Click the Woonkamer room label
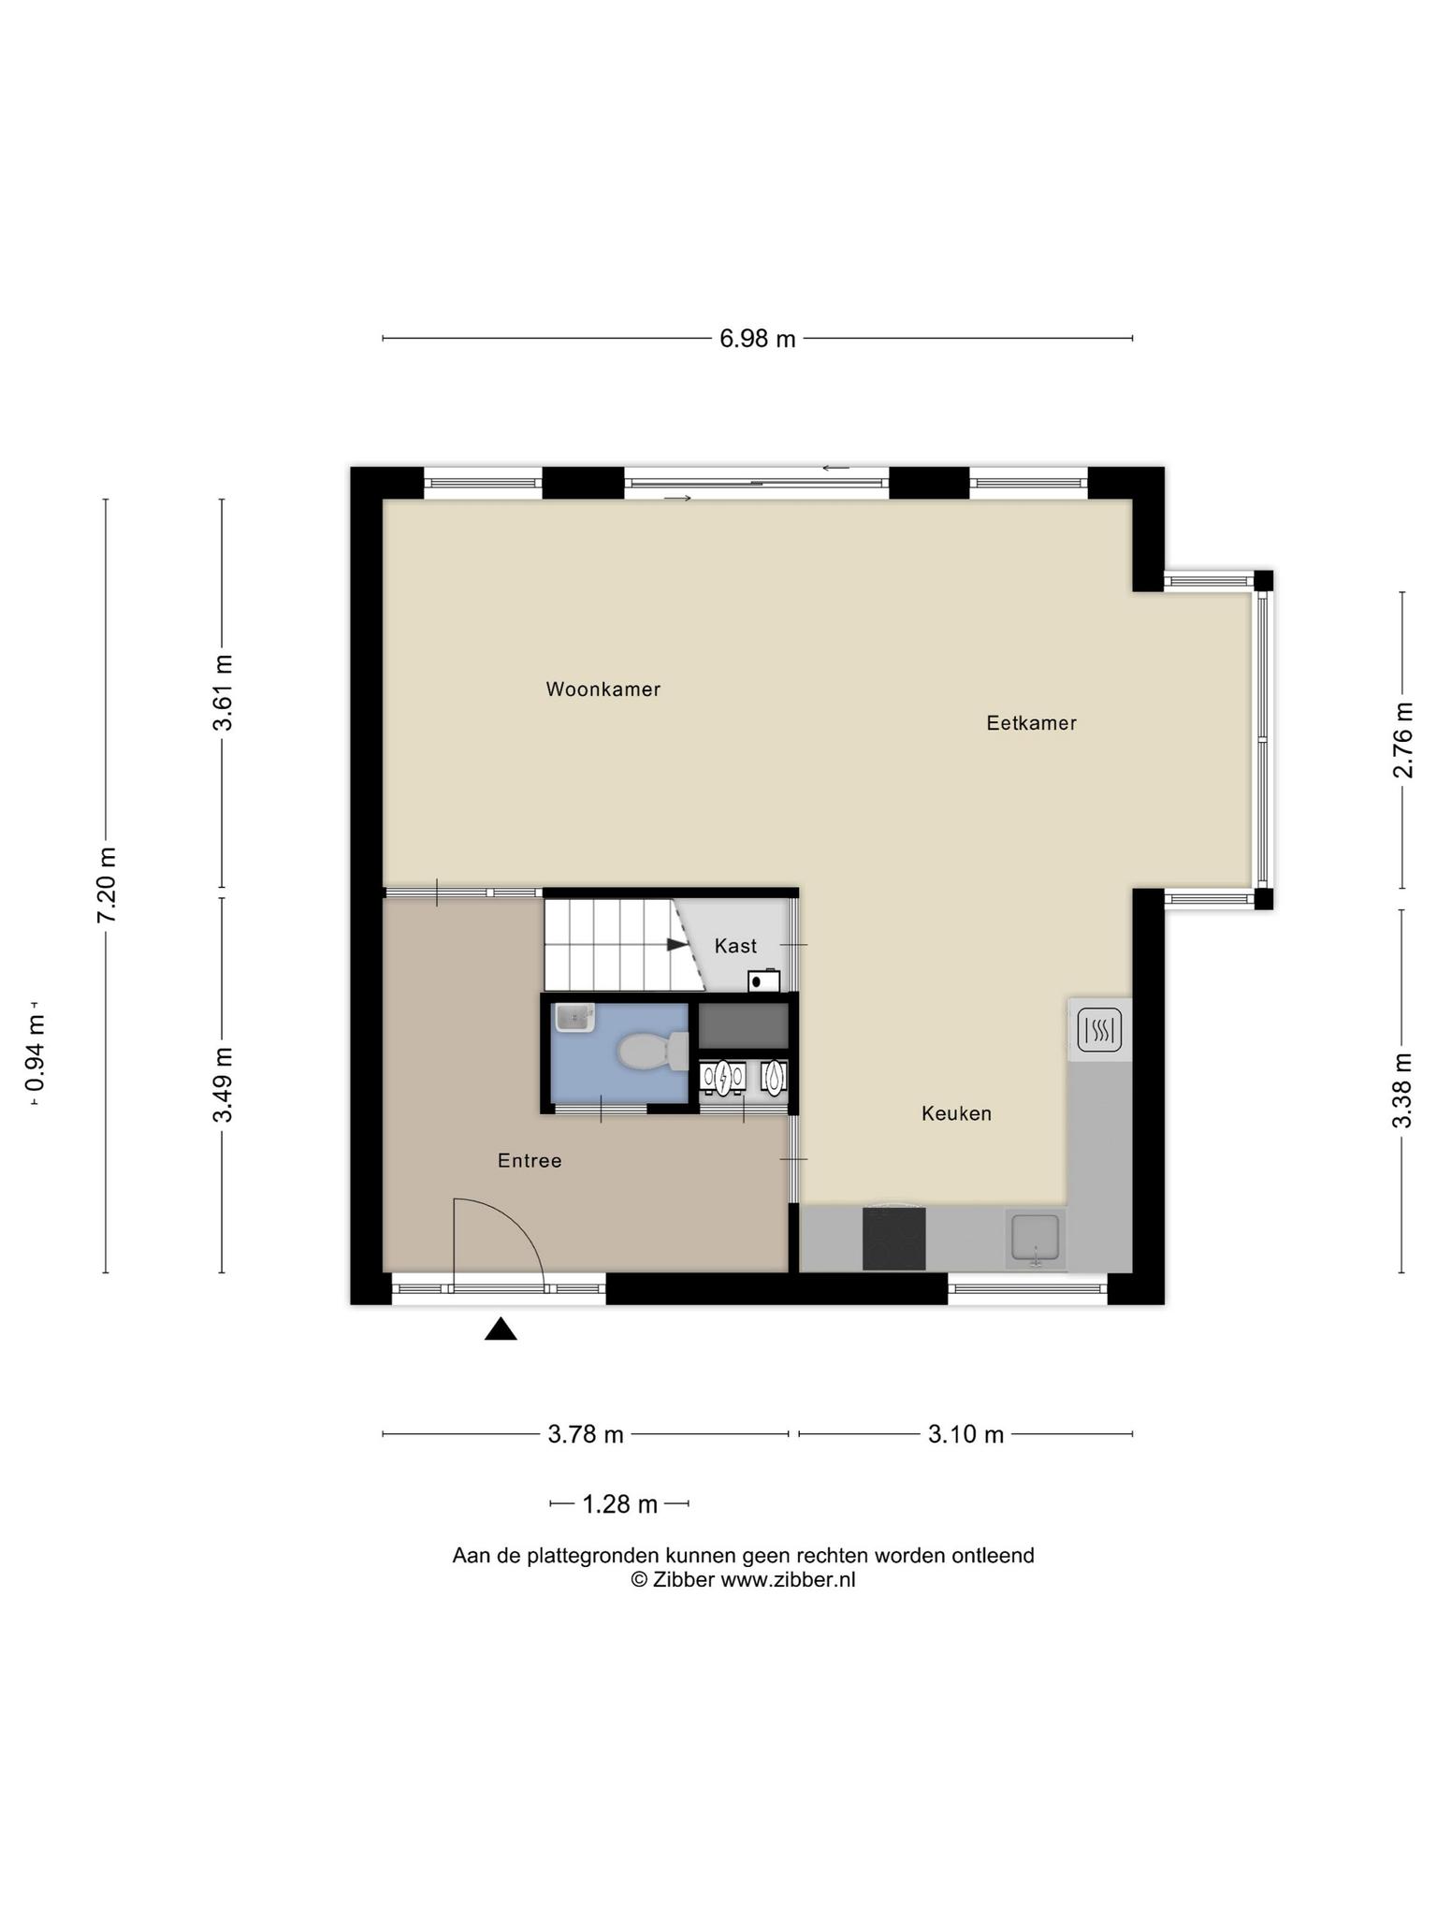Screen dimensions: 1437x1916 tap(603, 689)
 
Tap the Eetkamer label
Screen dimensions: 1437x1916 tap(1031, 722)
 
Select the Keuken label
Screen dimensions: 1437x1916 tap(956, 1113)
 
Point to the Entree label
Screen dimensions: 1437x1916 tap(530, 1161)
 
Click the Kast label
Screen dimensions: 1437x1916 tap(735, 946)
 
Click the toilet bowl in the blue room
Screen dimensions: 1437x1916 tap(652, 1051)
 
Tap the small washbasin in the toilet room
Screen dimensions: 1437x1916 tap(574, 1017)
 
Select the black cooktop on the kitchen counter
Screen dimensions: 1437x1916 tap(893, 1239)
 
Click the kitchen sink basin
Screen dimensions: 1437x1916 tap(1036, 1238)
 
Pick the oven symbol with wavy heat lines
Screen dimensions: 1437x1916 tap(1099, 1031)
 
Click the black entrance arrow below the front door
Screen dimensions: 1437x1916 tap(501, 1328)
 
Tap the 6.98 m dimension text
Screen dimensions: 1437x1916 tap(757, 339)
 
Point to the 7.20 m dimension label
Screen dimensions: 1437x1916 tap(107, 885)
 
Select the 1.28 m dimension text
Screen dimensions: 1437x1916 tap(620, 1504)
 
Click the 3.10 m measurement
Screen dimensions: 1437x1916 tap(965, 1434)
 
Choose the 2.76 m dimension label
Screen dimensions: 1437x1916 tap(1403, 740)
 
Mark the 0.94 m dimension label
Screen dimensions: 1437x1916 tap(36, 1052)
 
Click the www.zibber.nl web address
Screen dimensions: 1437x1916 tap(788, 1580)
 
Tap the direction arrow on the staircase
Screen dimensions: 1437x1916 tap(676, 944)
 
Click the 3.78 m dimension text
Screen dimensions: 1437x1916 tap(586, 1434)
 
